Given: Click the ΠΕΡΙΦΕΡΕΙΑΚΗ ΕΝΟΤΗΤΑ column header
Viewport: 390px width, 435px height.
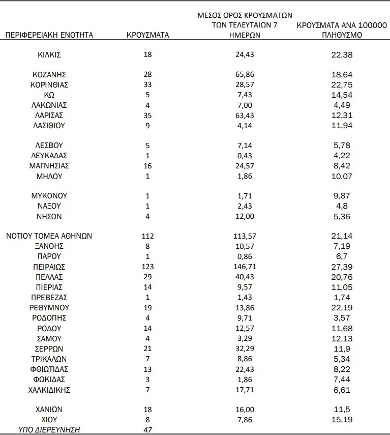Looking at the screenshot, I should [x=49, y=35].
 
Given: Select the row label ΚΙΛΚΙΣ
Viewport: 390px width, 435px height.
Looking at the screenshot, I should [x=49, y=54].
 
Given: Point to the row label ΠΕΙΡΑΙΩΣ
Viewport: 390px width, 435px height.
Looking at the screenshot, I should [x=49, y=267].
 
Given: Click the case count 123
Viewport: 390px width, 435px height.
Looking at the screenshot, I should [x=147, y=267].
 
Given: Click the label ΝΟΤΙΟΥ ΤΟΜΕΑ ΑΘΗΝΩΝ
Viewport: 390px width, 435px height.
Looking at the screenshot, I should [x=49, y=236].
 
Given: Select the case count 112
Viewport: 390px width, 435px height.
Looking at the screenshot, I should [x=147, y=236].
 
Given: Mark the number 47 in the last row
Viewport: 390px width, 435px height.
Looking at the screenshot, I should [x=147, y=429].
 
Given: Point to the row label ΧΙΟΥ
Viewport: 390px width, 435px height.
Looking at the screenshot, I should [x=49, y=419].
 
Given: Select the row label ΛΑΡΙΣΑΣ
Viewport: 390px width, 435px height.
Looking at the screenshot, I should [x=49, y=115].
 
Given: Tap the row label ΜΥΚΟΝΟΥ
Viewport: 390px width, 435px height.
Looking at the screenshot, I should [x=49, y=195].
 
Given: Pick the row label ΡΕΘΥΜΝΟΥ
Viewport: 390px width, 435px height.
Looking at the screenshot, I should [x=49, y=307].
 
